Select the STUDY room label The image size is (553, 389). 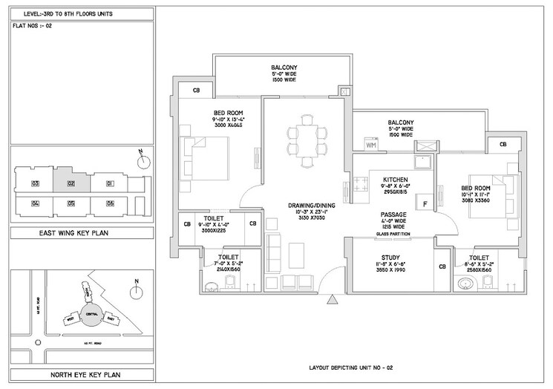pos(391,258)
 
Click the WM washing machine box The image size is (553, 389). pos(370,145)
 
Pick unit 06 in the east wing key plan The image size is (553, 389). pos(109,203)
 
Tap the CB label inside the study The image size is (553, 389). pos(442,267)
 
